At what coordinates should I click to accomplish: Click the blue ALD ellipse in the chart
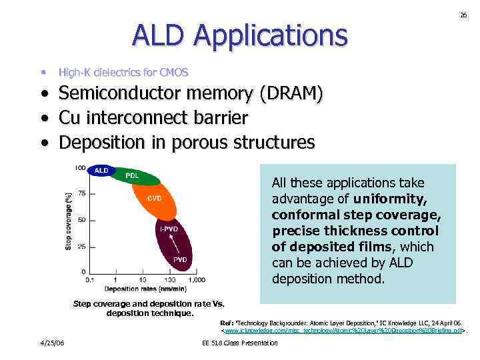tap(101, 171)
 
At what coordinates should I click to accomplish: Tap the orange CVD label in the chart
tap(155, 197)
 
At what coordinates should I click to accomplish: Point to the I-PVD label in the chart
tap(168, 229)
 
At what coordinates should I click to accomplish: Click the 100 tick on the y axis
tap(79, 167)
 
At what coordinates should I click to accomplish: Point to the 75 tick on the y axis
tap(81, 193)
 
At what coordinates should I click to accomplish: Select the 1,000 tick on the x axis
tap(196, 280)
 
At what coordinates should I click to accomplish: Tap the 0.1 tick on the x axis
tap(90, 280)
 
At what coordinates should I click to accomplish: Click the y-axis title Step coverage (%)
tap(69, 221)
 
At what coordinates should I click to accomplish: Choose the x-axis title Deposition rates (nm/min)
tap(145, 289)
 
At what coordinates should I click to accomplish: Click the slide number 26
tap(463, 15)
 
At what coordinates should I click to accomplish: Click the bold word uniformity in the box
tap(392, 199)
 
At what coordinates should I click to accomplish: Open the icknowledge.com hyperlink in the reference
tap(343, 330)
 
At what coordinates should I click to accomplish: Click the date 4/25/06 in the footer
tap(52, 343)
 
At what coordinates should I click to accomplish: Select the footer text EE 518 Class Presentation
tap(239, 343)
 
